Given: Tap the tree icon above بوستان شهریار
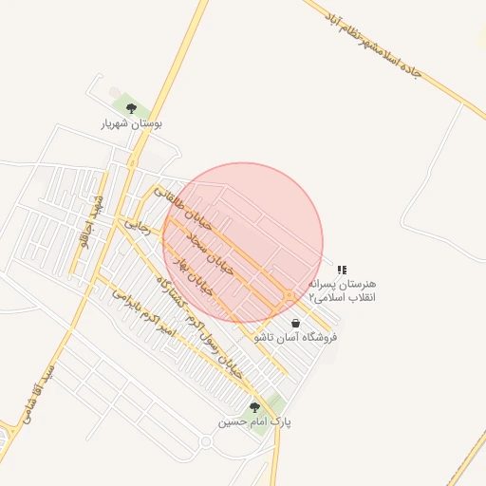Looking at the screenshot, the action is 131,108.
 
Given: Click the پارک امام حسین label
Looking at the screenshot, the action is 254,421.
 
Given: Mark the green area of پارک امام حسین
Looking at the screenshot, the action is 272,405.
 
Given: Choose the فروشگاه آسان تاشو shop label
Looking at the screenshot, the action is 295,337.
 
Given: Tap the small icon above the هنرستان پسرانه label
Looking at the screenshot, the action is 343,270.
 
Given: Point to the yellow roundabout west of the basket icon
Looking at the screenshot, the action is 287,297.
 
